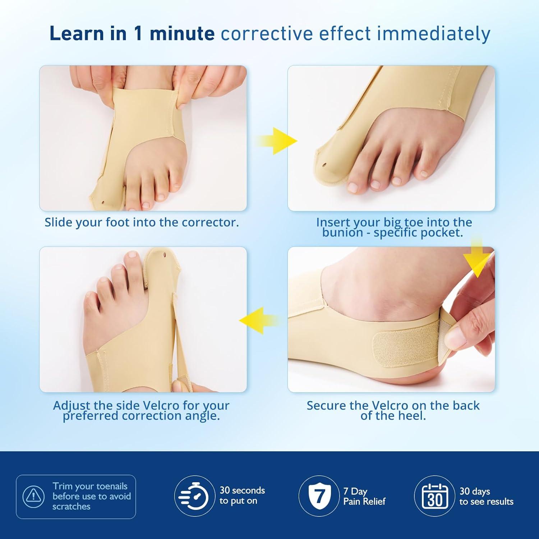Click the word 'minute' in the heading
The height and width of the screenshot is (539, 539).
click(x=182, y=34)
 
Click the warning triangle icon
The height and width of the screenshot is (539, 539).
click(x=34, y=496)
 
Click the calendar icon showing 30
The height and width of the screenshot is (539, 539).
click(x=435, y=496)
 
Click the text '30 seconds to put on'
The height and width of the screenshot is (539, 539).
click(x=242, y=496)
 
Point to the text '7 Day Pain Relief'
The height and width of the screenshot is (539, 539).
click(x=364, y=496)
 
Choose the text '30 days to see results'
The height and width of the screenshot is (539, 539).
click(x=486, y=496)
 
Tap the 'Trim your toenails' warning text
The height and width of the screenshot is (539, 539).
click(x=92, y=496)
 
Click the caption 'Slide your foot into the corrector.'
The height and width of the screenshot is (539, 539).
click(x=142, y=222)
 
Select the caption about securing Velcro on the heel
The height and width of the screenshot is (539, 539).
click(x=393, y=410)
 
